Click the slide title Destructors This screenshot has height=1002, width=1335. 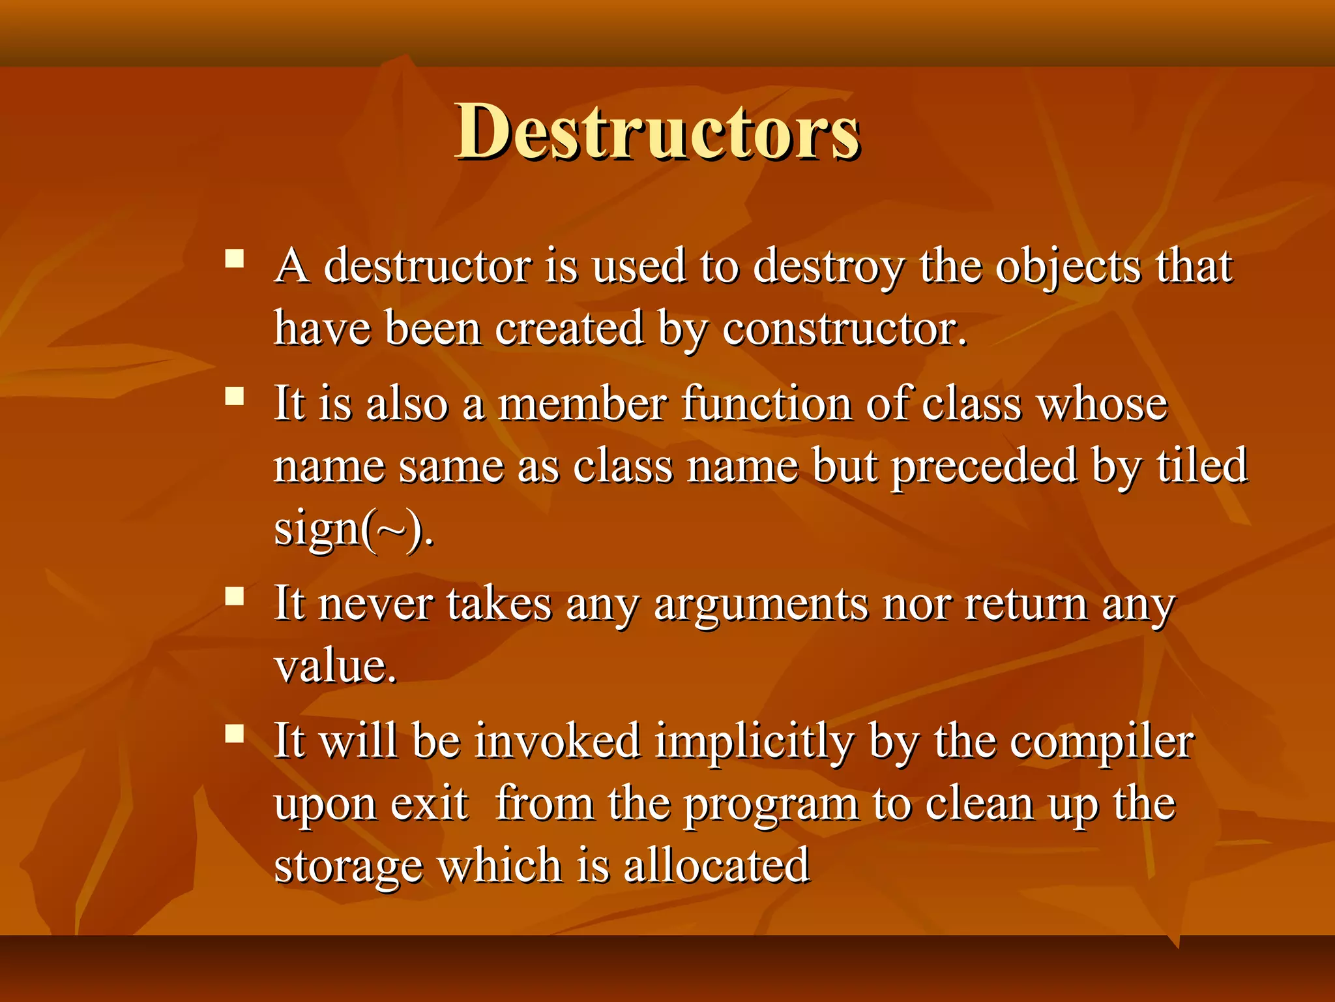tap(657, 132)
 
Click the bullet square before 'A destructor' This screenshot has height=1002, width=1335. tap(234, 259)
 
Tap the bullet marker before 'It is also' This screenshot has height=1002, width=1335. tap(234, 396)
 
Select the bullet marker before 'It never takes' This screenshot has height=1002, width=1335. tap(234, 596)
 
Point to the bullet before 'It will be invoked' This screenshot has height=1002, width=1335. tap(234, 734)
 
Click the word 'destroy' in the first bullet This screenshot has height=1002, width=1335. tap(829, 267)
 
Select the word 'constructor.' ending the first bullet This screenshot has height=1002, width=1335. tap(845, 328)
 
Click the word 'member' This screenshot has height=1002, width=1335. tap(583, 403)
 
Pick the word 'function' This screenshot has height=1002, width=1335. tap(767, 403)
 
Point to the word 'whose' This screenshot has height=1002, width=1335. tap(1102, 404)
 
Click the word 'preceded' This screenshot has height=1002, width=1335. tap(984, 466)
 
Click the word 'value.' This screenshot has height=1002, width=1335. tap(335, 666)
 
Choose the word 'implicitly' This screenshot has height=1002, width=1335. tap(754, 742)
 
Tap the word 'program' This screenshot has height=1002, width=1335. tap(771, 805)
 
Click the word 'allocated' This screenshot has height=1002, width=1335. tap(716, 866)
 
